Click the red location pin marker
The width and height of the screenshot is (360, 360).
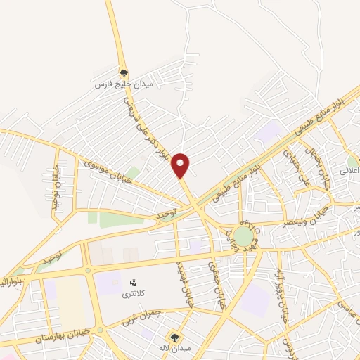pos(181,166)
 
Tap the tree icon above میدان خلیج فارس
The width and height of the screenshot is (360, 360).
pos(124,72)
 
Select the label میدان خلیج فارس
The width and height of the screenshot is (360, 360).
pos(124,84)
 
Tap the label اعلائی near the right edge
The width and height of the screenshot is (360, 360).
pos(349,171)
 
